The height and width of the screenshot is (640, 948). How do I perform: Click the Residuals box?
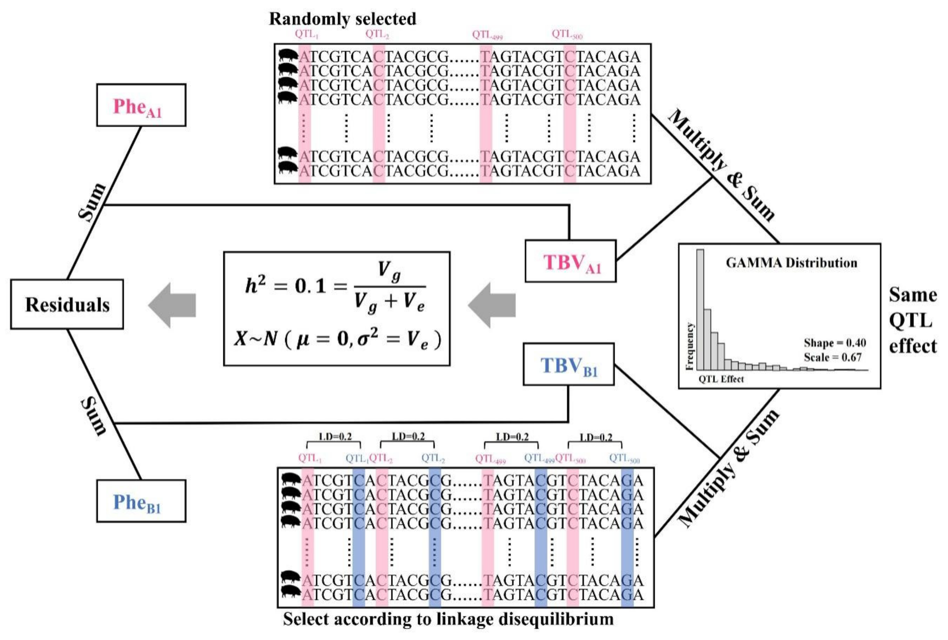click(67, 304)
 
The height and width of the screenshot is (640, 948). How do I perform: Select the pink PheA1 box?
click(141, 105)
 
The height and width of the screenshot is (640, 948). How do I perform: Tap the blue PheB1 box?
click(141, 501)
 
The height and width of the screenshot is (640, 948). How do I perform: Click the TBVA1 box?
click(570, 261)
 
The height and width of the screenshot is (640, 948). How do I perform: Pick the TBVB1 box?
click(569, 364)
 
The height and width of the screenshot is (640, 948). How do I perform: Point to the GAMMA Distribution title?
click(791, 263)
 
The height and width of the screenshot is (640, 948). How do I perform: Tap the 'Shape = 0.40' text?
click(835, 343)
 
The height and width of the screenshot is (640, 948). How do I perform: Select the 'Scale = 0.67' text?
click(833, 357)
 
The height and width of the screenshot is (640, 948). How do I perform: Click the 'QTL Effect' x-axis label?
click(721, 379)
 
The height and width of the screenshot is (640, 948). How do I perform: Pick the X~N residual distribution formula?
click(337, 339)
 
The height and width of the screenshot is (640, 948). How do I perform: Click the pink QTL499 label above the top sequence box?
click(487, 35)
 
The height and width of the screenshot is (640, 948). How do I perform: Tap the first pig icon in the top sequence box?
click(288, 55)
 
